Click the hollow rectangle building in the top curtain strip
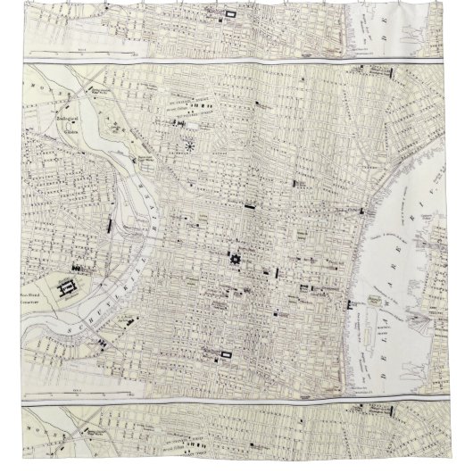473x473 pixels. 233,14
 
